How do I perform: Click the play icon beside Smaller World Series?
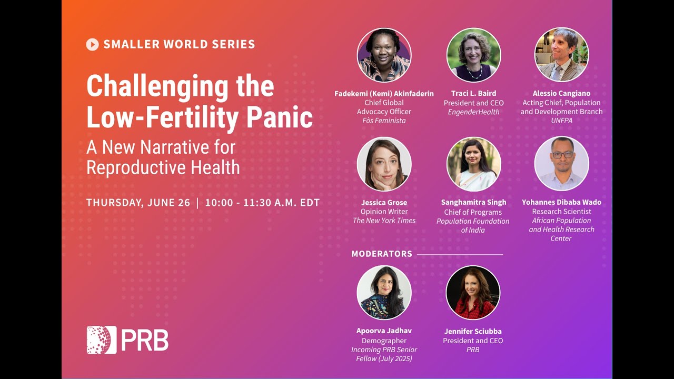[92, 45]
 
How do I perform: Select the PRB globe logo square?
[101, 340]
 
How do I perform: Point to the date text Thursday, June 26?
[138, 203]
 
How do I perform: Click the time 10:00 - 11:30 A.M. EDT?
[262, 203]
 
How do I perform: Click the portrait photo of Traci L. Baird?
[473, 55]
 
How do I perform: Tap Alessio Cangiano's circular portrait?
[561, 55]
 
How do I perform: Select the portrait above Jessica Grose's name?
[384, 164]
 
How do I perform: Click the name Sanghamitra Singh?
[473, 202]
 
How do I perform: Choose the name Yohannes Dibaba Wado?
[561, 202]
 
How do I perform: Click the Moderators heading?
[382, 254]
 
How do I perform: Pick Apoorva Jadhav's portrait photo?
[384, 293]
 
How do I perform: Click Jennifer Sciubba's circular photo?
[473, 293]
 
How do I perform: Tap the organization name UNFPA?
[561, 121]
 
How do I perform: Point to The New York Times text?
[384, 221]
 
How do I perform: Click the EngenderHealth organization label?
[473, 112]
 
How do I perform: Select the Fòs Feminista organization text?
[384, 121]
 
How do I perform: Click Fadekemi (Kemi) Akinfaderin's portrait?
[384, 55]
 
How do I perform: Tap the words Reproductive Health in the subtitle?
[163, 167]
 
